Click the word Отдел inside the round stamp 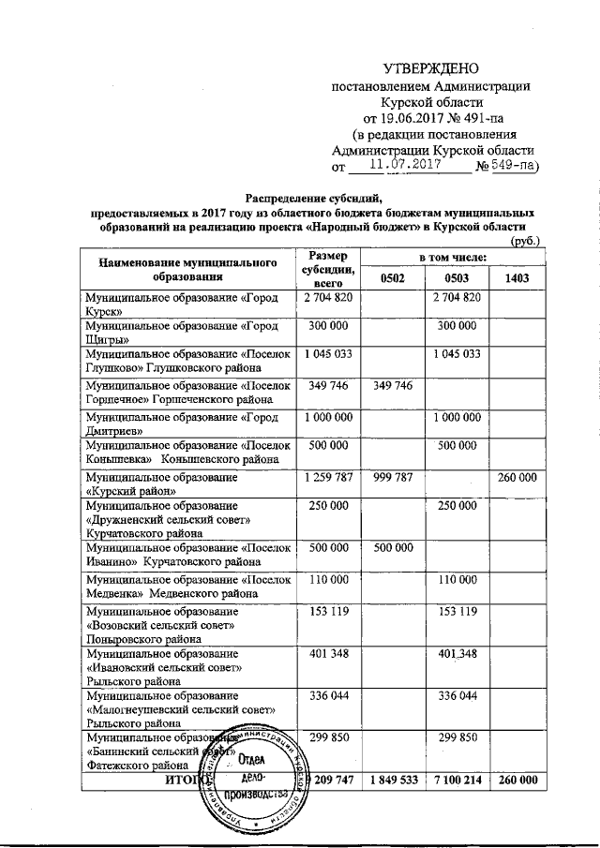pos(248,758)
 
